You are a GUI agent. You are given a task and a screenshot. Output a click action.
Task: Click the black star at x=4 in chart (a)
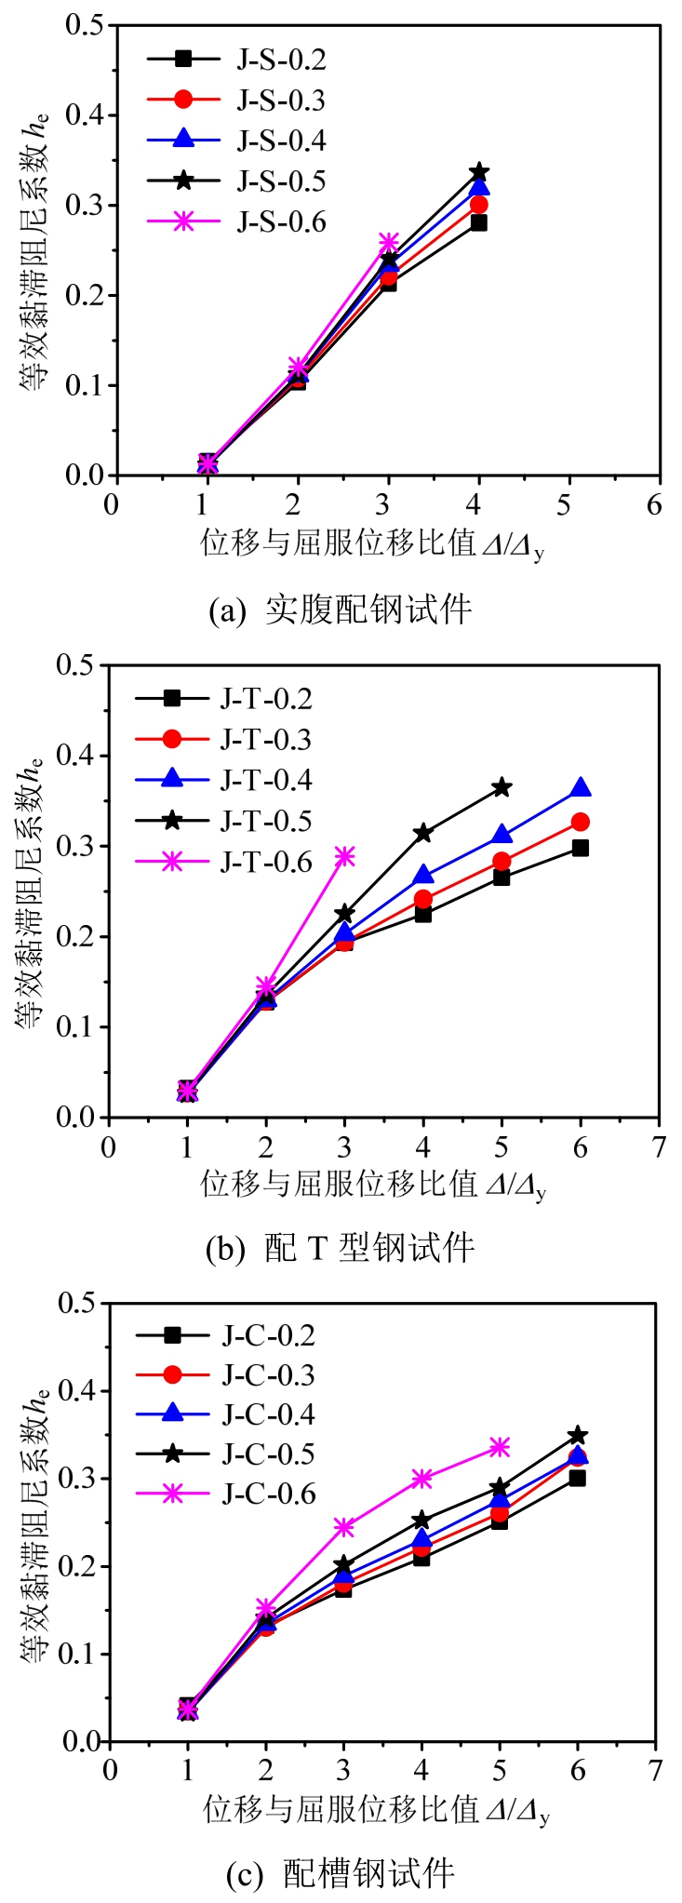479,172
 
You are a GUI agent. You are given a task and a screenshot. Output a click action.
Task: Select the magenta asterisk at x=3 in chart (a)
388,243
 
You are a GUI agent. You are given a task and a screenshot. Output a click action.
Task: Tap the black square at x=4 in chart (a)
479,222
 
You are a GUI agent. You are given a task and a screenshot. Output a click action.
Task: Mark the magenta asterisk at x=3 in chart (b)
344,856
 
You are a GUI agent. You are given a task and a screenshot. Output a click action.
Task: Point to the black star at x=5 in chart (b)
501,787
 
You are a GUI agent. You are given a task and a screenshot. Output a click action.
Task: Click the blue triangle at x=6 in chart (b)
581,788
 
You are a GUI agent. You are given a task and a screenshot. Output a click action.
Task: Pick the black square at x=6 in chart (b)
581,848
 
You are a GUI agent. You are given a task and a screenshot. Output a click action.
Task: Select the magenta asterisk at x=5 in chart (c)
500,1446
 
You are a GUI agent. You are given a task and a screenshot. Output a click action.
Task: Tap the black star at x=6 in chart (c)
578,1435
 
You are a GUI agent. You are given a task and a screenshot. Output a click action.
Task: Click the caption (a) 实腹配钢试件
341,610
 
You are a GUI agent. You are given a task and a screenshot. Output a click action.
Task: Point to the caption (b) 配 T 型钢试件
341,1247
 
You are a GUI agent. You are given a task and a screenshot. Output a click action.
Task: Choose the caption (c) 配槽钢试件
341,1872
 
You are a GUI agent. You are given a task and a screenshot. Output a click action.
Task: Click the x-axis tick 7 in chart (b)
659,1146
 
